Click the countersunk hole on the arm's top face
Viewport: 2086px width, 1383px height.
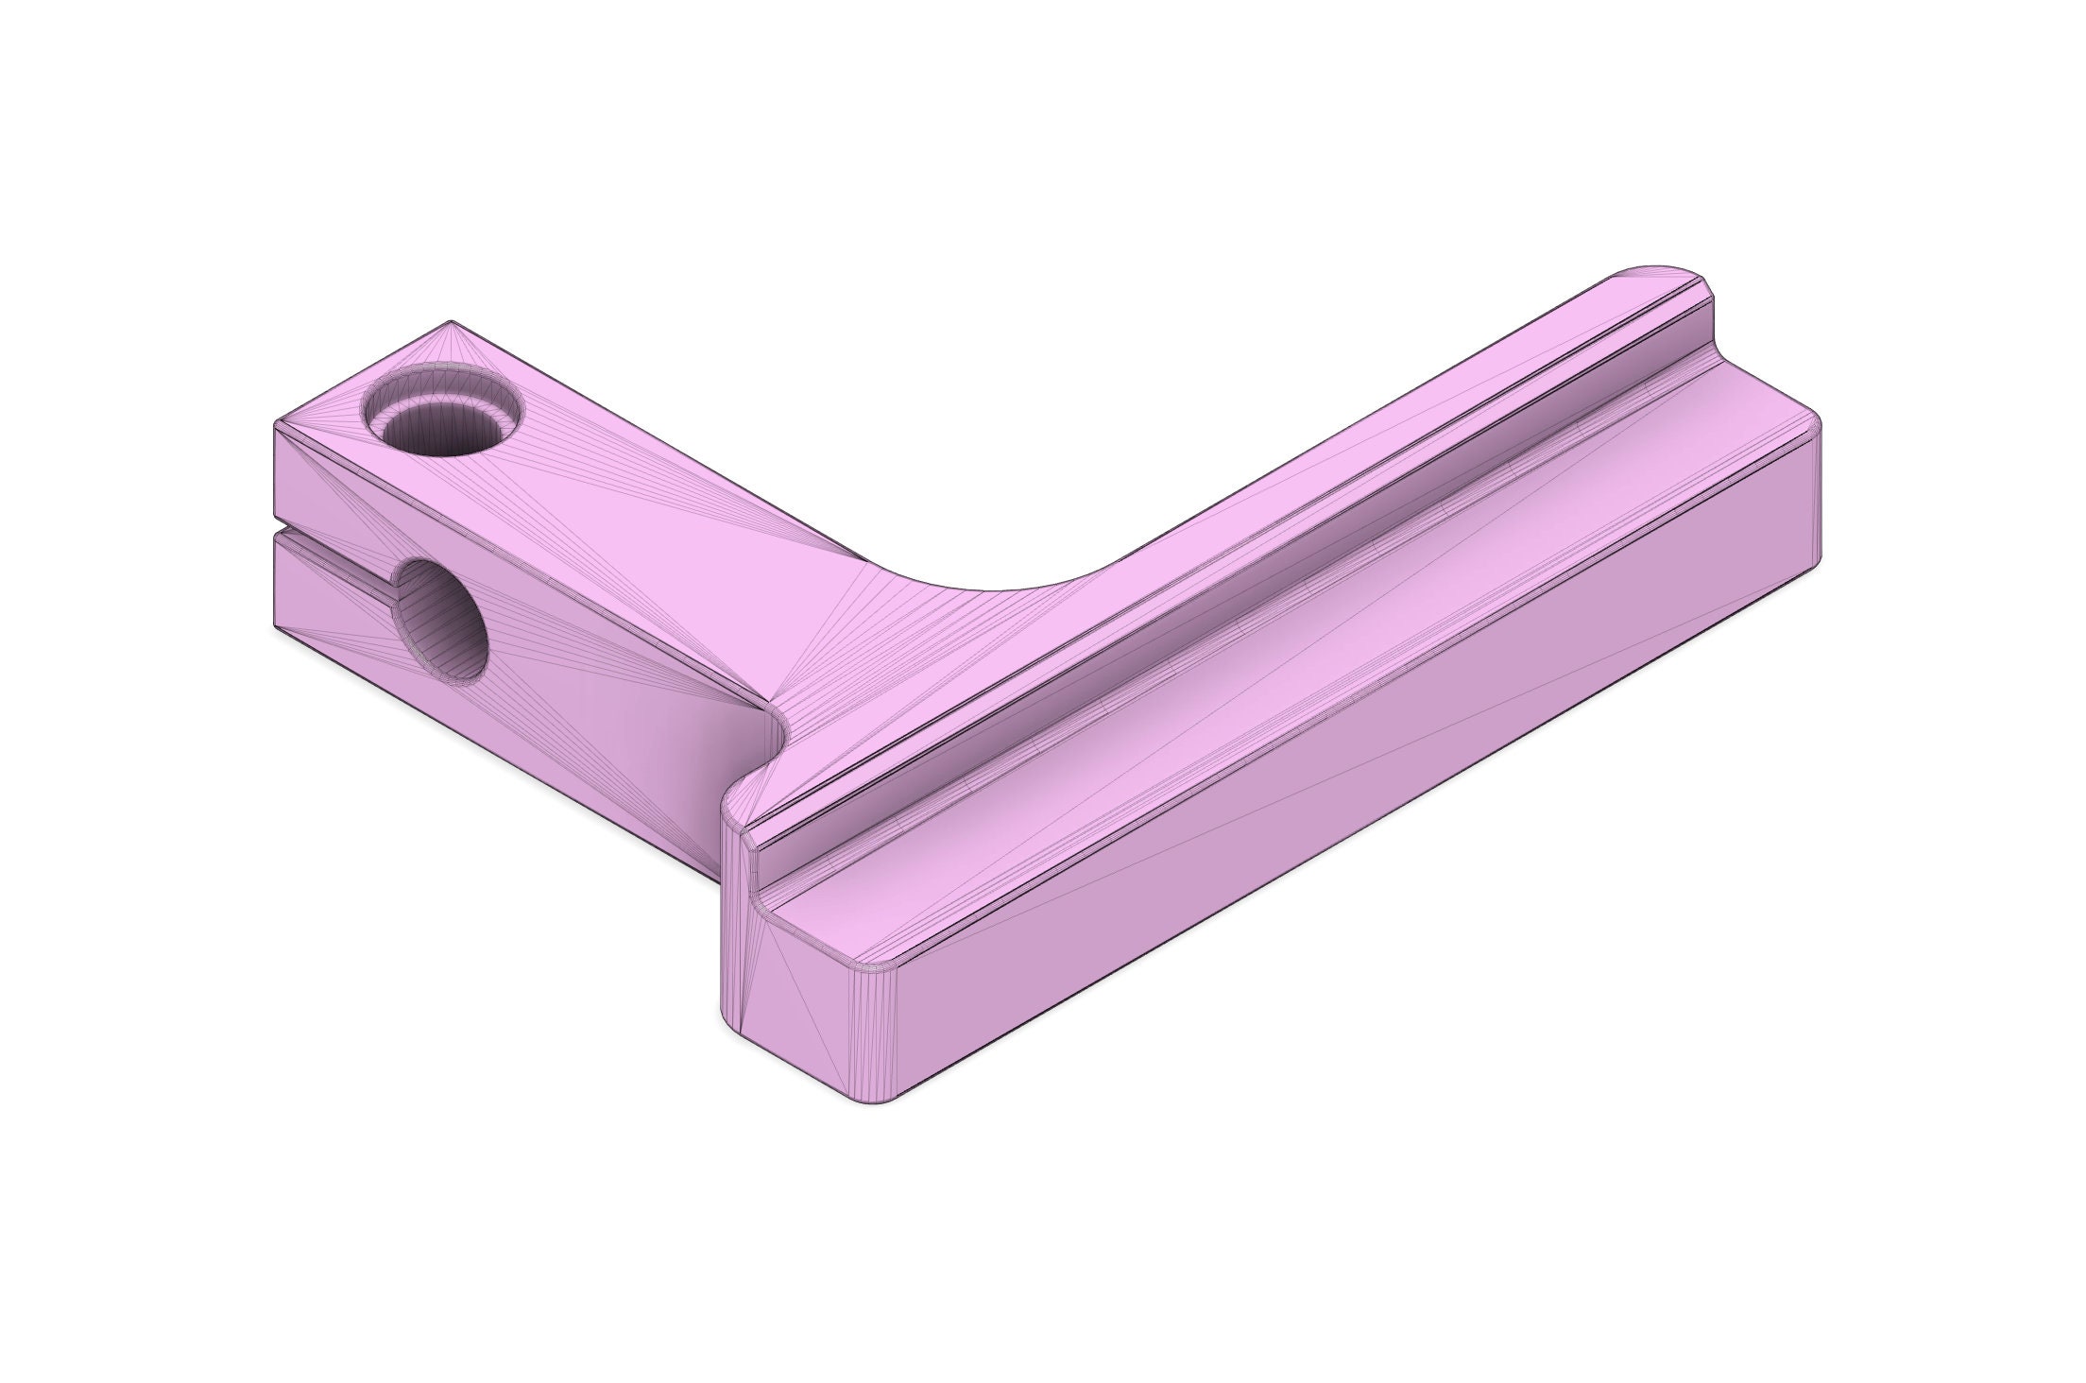click(x=442, y=414)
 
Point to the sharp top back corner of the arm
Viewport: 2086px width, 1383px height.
click(x=452, y=322)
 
